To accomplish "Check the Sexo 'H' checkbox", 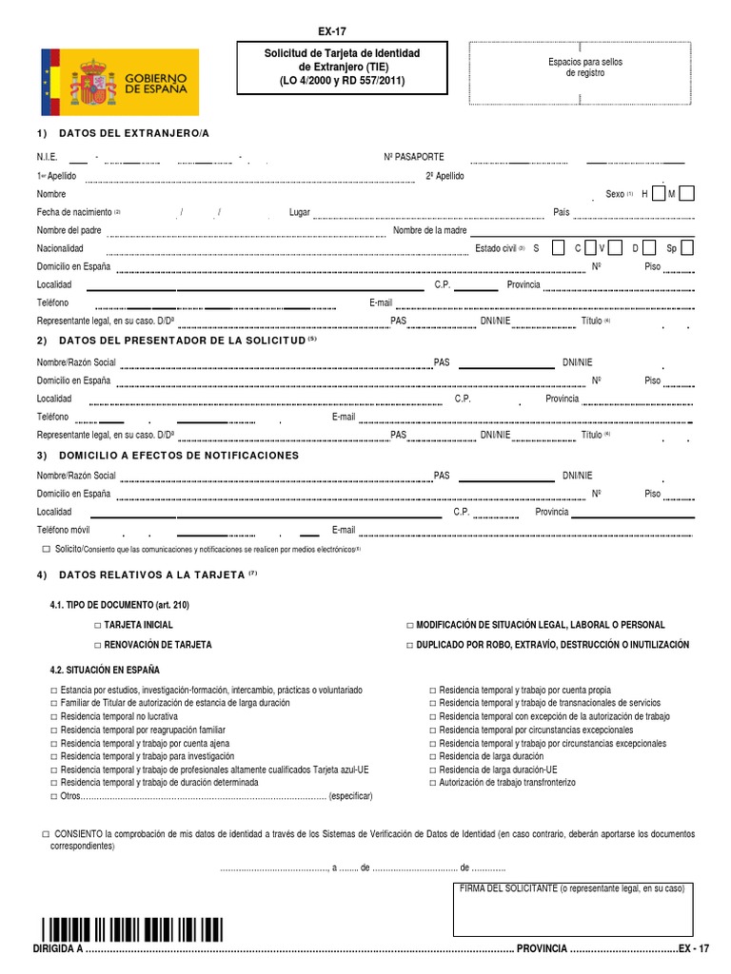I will [659, 193].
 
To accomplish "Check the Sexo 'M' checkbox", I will [687, 193].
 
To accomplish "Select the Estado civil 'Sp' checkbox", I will [687, 247].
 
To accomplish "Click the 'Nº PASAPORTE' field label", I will [413, 157].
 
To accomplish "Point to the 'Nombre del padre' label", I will [69, 230].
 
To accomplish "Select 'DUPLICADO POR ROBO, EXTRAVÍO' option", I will [409, 645].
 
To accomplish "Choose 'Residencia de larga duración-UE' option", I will [432, 769].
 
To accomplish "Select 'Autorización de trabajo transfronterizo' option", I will [432, 782].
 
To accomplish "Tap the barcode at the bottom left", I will [131, 929].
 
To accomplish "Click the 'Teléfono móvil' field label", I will [64, 530].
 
